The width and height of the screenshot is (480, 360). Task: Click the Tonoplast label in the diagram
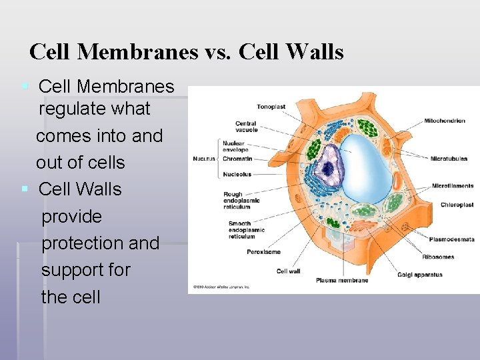click(271, 107)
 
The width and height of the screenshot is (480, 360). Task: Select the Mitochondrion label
click(445, 121)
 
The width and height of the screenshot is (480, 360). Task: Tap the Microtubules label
click(449, 159)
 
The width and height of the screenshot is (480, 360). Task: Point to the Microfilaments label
click(453, 186)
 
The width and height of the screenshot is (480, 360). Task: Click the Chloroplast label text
click(457, 205)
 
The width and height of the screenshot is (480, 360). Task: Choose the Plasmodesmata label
click(451, 239)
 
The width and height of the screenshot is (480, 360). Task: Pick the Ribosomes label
click(438, 257)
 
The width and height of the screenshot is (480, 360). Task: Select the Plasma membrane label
click(342, 281)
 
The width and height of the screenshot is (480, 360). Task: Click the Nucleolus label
click(237, 175)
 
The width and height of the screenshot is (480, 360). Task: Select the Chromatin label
click(237, 159)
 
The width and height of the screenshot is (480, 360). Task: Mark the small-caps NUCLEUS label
click(204, 159)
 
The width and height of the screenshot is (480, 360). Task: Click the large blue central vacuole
click(367, 167)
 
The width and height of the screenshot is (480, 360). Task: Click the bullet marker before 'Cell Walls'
click(25, 189)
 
